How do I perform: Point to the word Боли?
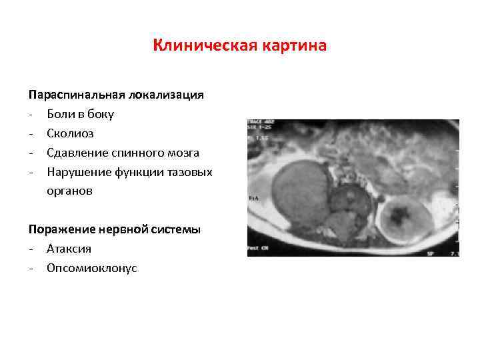61,114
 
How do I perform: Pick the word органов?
70,191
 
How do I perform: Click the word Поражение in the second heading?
61,229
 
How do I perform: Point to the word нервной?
124,229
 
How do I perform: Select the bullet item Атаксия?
69,249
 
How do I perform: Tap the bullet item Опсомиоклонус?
92,268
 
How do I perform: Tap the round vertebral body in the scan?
347,199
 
